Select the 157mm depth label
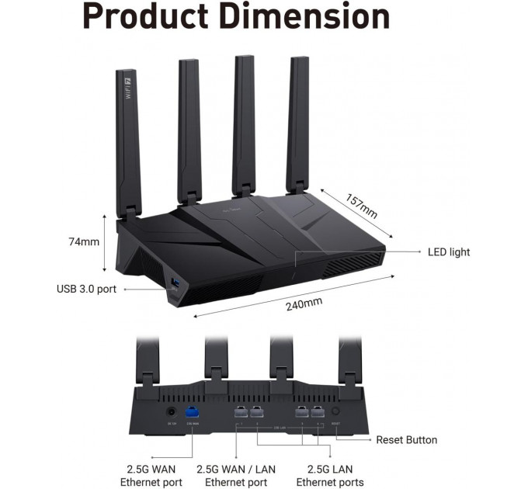(361, 205)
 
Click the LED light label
(449, 251)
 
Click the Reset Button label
(406, 440)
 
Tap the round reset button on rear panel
(336, 412)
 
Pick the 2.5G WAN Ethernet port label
(151, 475)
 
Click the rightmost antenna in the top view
(297, 124)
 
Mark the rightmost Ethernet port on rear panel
(318, 413)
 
